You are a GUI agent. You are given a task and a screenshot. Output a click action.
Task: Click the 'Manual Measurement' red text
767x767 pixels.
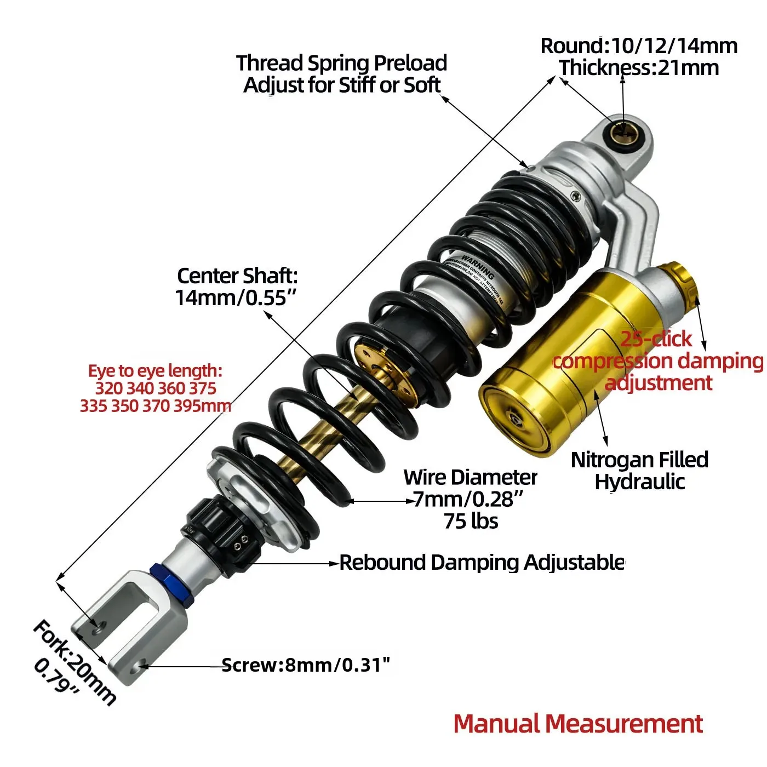[578, 724]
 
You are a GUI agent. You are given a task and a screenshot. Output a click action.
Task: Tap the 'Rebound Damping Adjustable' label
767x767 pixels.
[482, 563]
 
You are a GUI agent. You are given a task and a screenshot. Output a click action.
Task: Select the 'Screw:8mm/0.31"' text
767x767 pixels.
[306, 665]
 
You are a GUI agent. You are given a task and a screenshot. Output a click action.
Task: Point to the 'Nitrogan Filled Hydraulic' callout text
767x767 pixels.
[639, 471]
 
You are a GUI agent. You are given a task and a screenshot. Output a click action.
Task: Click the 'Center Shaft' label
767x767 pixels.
[237, 276]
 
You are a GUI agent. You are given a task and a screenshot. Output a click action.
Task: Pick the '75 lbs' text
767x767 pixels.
[471, 521]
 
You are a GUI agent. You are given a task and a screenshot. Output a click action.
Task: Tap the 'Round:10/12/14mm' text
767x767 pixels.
[639, 46]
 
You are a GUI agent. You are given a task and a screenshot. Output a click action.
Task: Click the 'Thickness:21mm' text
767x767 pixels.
[639, 68]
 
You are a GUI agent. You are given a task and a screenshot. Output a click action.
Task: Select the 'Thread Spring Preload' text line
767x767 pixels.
[341, 63]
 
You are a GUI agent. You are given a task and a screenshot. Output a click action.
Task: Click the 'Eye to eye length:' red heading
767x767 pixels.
[155, 371]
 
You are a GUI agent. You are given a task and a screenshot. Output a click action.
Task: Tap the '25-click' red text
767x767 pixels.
[656, 339]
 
